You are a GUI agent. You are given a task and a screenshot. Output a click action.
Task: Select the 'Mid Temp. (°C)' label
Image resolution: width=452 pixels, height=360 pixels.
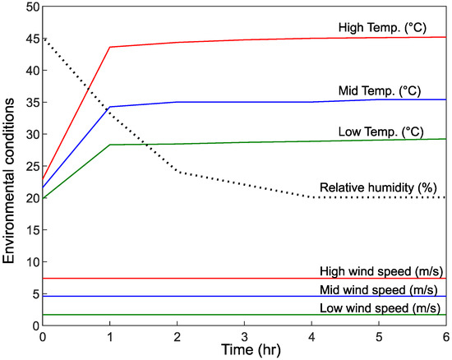[x=381, y=90]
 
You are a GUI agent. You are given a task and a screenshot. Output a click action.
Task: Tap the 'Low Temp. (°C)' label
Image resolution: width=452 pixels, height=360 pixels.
[x=380, y=132]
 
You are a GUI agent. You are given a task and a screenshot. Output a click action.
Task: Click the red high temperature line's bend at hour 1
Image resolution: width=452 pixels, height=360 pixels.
[x=109, y=47]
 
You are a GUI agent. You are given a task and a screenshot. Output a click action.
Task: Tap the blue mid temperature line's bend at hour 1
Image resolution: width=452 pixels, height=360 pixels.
[x=109, y=107]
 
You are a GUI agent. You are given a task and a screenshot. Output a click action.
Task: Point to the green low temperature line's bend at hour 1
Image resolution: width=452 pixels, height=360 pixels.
[x=109, y=145]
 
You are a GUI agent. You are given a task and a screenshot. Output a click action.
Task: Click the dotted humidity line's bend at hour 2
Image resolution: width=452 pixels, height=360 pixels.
[x=177, y=172]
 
